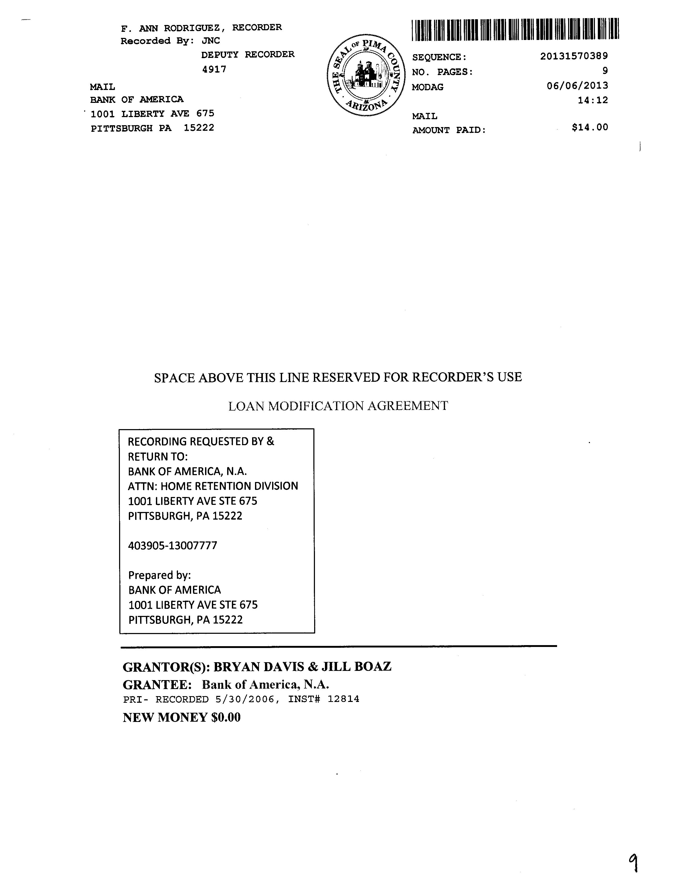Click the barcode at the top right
(x=515, y=30)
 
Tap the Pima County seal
(x=366, y=75)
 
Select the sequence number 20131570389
(x=574, y=56)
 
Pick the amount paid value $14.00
(x=590, y=128)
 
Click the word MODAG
(x=427, y=87)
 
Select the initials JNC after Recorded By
(x=211, y=41)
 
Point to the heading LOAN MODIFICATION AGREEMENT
(x=338, y=406)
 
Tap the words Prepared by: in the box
(x=159, y=575)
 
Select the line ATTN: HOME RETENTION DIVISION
(x=213, y=486)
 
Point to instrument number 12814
(x=343, y=699)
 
